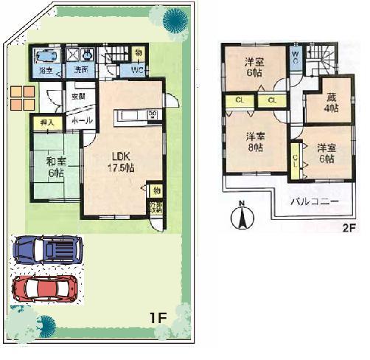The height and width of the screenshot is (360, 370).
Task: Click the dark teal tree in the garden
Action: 175,18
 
